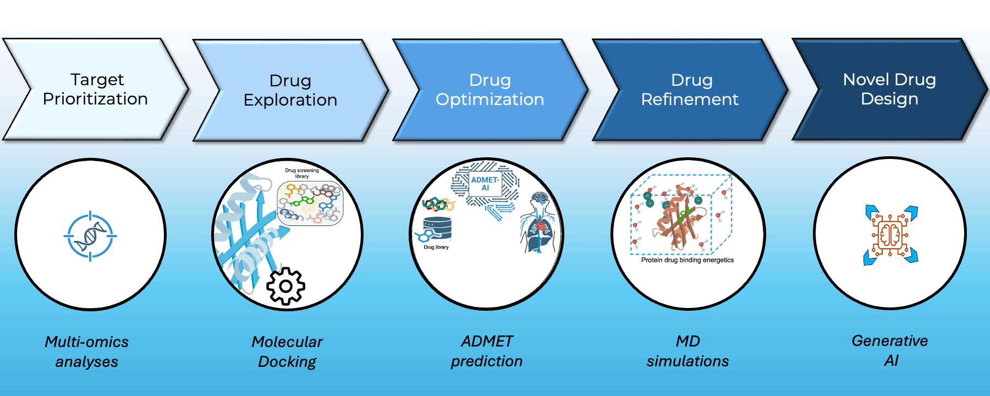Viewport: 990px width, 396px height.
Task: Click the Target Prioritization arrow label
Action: [x=95, y=89]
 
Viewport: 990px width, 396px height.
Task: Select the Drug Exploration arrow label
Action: [x=290, y=90]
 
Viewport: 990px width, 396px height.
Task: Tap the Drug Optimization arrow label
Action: [x=490, y=90]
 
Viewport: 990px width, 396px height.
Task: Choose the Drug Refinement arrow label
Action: [x=690, y=90]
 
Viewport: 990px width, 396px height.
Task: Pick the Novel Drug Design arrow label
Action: [x=889, y=89]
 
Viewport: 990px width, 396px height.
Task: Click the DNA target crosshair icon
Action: [x=90, y=236]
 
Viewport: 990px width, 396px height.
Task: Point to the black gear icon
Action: [x=285, y=286]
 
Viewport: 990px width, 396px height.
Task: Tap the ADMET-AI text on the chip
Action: [x=485, y=184]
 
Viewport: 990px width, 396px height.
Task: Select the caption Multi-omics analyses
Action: [x=87, y=351]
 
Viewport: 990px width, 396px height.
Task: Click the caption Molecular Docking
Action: [x=287, y=351]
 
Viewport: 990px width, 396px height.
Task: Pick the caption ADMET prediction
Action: [x=487, y=351]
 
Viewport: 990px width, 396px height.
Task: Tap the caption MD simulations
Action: [x=687, y=351]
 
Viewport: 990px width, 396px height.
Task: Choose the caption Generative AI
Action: [x=890, y=350]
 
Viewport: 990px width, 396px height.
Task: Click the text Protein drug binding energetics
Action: [x=687, y=260]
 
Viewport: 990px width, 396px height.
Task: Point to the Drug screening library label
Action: [x=301, y=173]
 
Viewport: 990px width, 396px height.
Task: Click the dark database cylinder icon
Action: [x=437, y=228]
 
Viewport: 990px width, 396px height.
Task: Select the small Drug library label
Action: [x=436, y=248]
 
